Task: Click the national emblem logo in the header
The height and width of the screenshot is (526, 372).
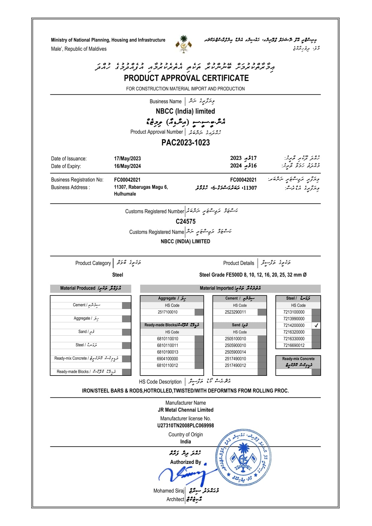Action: [x=183, y=44]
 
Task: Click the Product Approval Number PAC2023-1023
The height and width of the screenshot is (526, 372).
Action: [x=186, y=142]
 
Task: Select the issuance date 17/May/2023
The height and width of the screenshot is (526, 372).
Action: [x=127, y=159]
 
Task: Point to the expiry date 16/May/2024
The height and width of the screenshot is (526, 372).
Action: [x=127, y=166]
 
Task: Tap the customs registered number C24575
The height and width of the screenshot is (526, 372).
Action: [x=186, y=221]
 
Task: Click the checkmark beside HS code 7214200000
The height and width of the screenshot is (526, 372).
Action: [x=316, y=325]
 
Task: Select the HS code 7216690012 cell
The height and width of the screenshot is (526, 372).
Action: [x=294, y=345]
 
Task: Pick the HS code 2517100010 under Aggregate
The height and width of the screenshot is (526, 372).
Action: [x=168, y=312]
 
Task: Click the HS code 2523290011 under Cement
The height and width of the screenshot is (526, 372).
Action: [x=235, y=312]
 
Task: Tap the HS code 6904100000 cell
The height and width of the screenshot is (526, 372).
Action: [x=168, y=359]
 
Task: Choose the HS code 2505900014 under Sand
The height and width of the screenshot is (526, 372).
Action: [x=235, y=352]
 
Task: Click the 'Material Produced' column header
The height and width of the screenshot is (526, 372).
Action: [x=91, y=288]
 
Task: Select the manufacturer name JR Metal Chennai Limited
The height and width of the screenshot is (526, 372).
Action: [x=186, y=410]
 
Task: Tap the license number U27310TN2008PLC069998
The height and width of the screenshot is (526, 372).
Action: [x=186, y=426]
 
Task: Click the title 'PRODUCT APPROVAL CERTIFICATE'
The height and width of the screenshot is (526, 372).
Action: [x=186, y=78]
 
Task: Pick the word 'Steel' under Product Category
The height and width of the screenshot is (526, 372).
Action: [x=118, y=275]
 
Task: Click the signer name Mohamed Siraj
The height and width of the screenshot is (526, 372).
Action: [x=168, y=491]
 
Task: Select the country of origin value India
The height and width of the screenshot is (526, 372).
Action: [x=186, y=441]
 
